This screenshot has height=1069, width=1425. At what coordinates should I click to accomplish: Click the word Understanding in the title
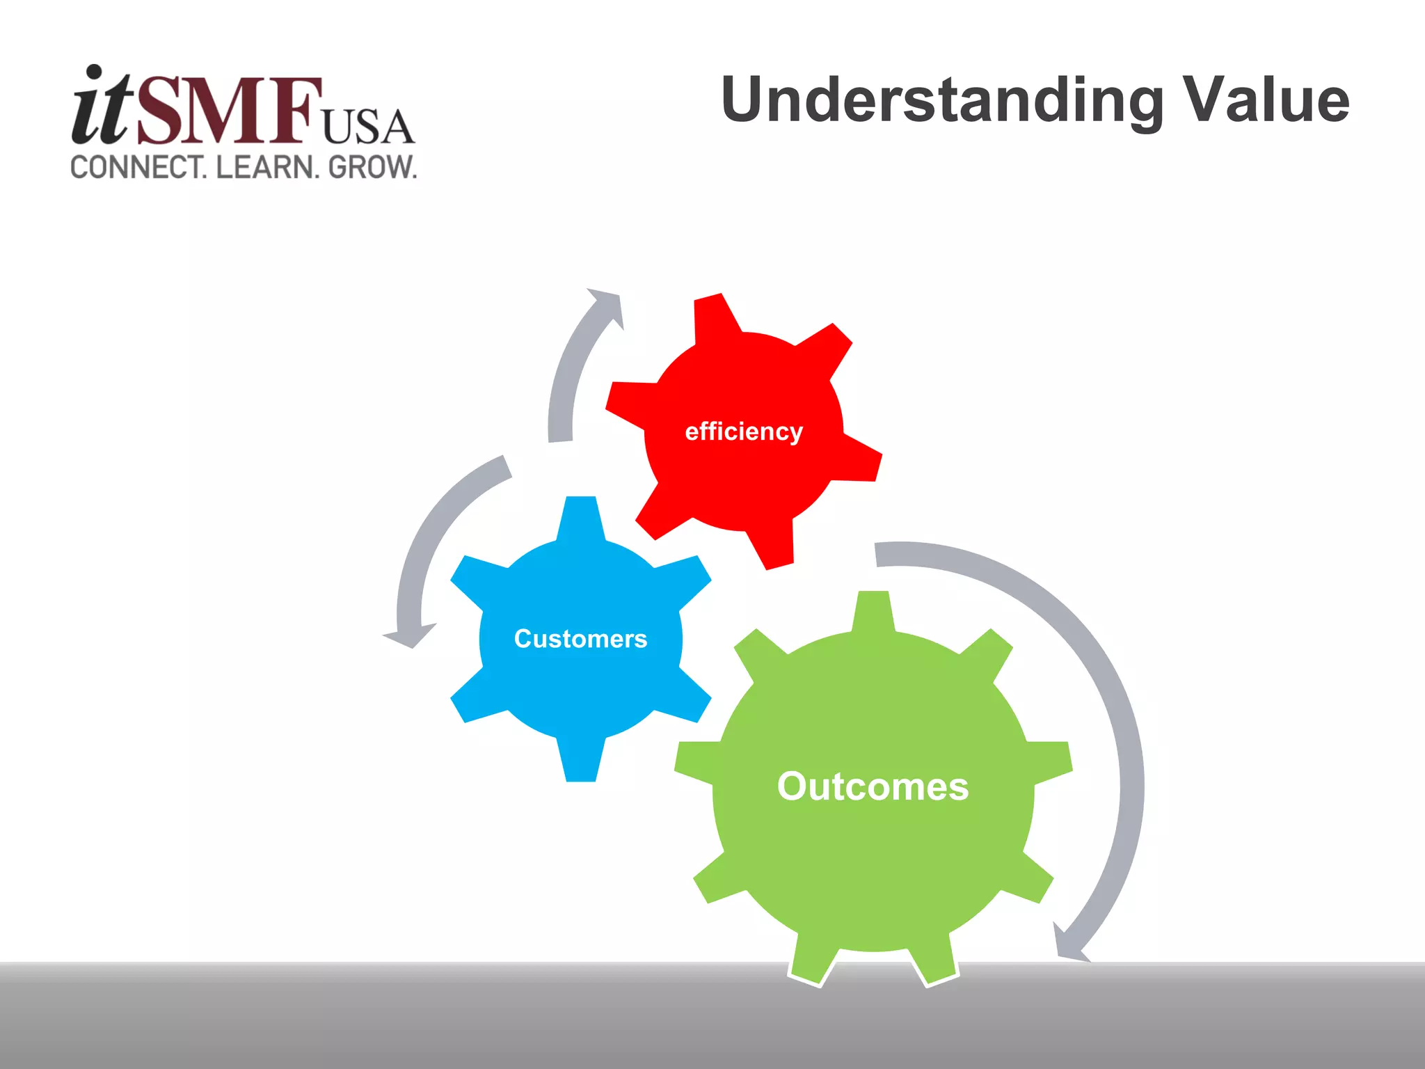[x=942, y=102]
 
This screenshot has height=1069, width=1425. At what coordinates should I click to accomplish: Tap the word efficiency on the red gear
[x=744, y=431]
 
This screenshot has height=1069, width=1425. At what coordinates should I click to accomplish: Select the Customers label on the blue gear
[x=580, y=639]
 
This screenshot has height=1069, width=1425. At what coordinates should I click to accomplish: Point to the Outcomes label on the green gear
[x=873, y=786]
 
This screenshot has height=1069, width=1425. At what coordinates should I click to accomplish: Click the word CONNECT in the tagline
[x=138, y=168]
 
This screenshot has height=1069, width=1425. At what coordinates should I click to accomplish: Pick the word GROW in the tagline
[x=372, y=168]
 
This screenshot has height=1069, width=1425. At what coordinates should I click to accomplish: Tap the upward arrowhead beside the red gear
[x=607, y=305]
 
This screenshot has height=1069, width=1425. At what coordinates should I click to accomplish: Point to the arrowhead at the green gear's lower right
[x=1067, y=944]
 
